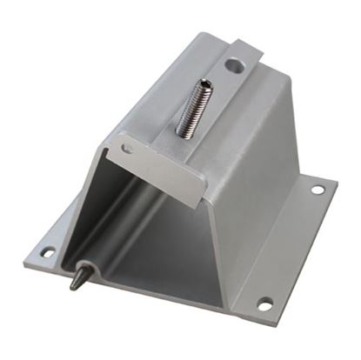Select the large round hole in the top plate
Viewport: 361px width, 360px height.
point(236,63)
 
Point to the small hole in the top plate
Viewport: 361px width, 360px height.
point(128,149)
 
